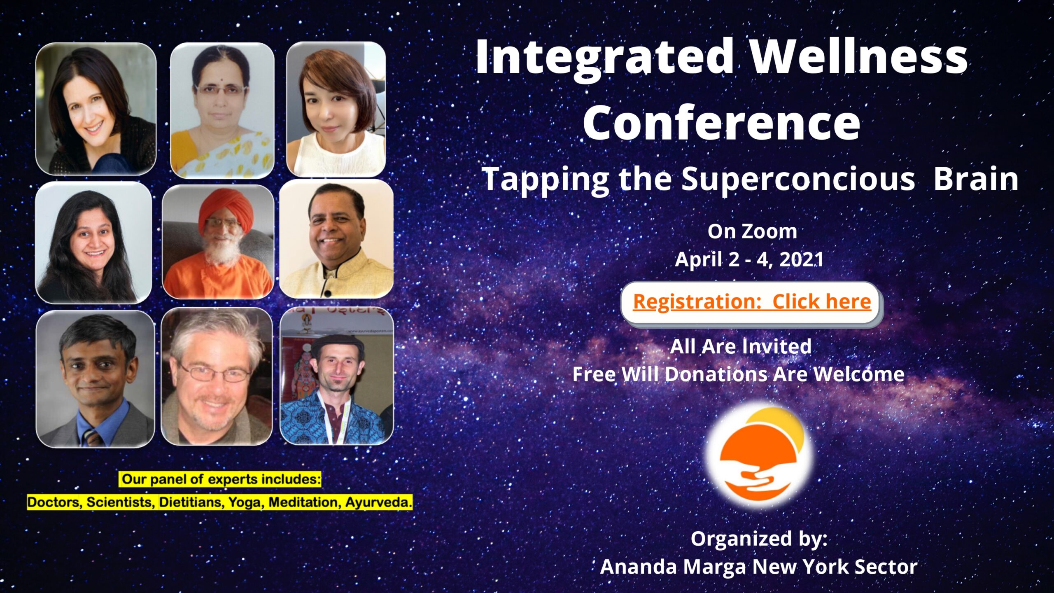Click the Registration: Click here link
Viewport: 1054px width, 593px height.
click(x=752, y=302)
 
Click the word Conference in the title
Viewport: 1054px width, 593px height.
click(x=721, y=121)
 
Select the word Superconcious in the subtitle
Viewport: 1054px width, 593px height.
click(x=798, y=179)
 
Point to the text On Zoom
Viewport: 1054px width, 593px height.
click(x=752, y=231)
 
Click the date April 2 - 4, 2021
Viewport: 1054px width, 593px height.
click(x=749, y=259)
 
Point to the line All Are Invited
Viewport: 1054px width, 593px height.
click(x=741, y=346)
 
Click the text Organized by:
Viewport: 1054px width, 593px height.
click(x=759, y=539)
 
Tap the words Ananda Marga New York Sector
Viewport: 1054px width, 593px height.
click(x=759, y=567)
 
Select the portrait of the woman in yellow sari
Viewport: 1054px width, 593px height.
click(x=222, y=110)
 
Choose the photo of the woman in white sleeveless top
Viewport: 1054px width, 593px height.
click(x=336, y=109)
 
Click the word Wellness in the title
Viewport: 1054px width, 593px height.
click(x=858, y=57)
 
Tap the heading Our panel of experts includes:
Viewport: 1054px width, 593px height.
click(x=221, y=479)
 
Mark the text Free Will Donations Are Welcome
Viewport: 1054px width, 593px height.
click(x=739, y=374)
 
